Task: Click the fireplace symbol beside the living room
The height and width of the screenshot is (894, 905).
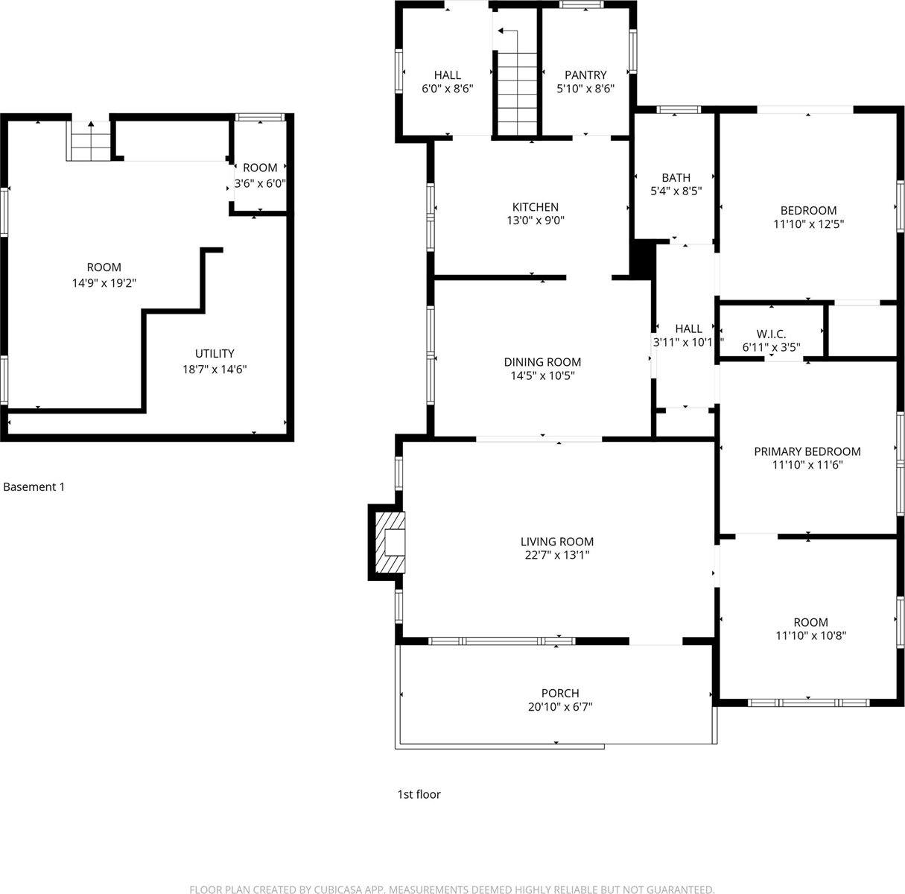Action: (x=390, y=542)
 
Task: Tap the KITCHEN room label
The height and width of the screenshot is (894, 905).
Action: (x=535, y=207)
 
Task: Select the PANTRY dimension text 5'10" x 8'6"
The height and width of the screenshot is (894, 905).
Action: (x=585, y=88)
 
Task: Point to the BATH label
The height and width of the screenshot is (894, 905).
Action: (x=676, y=177)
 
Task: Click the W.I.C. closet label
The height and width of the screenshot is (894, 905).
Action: (x=771, y=334)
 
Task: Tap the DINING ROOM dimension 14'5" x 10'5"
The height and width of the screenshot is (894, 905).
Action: (x=542, y=375)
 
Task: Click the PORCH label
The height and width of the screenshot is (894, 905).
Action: (x=560, y=693)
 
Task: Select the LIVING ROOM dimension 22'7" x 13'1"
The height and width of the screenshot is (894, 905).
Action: (x=556, y=555)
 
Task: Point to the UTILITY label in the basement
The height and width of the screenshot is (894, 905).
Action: (x=215, y=353)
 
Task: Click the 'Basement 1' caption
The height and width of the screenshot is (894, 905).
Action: (x=34, y=487)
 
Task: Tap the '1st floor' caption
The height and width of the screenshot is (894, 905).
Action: (x=419, y=794)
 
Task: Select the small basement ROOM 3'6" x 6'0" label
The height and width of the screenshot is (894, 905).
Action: (x=260, y=168)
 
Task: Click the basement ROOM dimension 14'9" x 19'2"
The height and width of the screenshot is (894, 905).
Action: (x=104, y=282)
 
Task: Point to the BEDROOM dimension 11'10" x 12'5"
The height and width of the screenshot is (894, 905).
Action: (x=808, y=223)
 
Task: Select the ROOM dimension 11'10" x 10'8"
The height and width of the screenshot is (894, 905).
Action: (x=810, y=635)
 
